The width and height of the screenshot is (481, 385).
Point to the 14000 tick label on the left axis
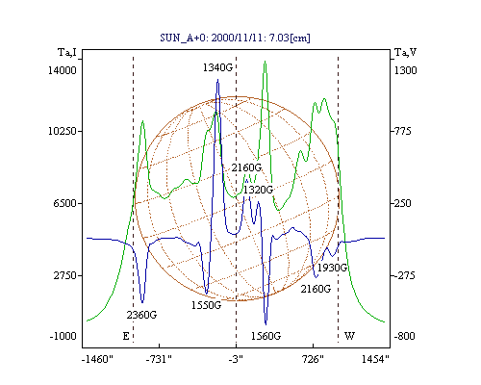point(63,70)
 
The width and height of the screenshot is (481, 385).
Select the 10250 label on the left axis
point(63,131)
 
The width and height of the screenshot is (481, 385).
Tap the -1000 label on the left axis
point(63,336)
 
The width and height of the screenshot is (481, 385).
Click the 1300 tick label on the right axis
point(405,70)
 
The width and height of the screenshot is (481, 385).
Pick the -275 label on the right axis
point(404,275)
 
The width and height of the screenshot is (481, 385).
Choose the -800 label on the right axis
point(405,336)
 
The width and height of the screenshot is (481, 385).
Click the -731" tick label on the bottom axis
point(159,359)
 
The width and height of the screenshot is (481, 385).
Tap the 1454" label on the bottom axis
point(375,359)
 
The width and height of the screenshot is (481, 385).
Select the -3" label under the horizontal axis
point(236,359)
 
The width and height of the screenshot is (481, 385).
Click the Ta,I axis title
point(67,52)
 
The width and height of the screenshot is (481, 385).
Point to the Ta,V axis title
point(405,52)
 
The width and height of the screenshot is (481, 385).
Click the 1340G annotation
point(217,67)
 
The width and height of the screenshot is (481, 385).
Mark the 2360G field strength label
point(141,315)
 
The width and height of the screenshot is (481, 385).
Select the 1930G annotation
point(332,268)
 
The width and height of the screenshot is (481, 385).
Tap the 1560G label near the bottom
point(266,336)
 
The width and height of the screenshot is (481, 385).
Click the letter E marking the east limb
point(126,336)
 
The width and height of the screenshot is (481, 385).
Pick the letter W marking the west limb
point(349,336)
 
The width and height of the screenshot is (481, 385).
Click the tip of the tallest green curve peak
point(265,61)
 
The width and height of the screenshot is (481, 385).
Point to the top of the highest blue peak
point(218,80)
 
